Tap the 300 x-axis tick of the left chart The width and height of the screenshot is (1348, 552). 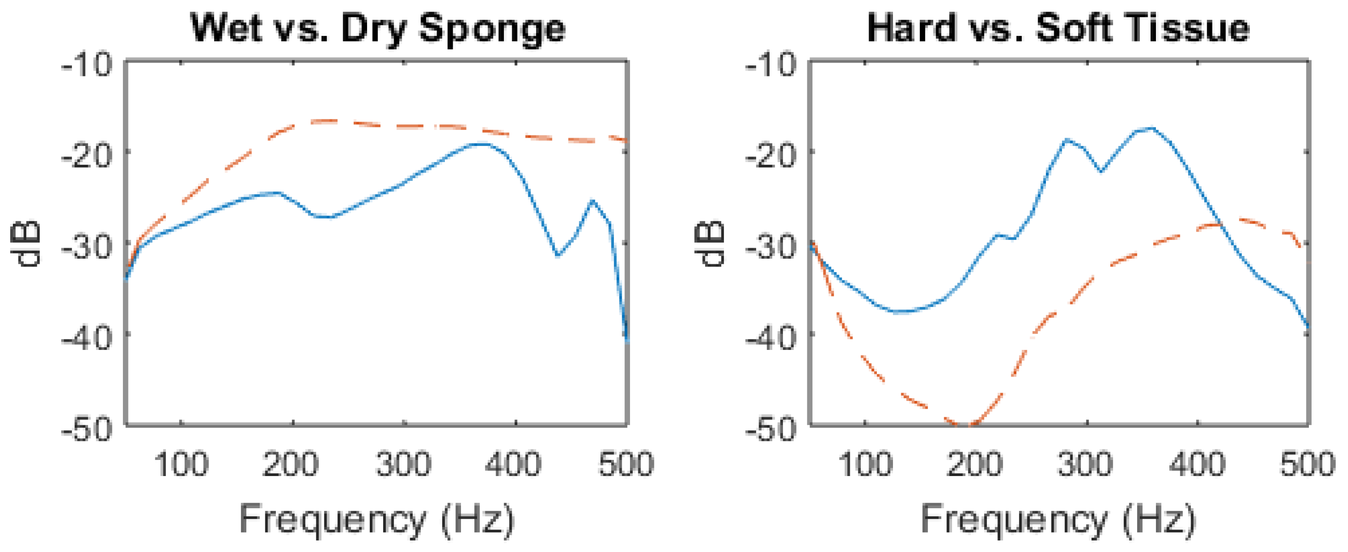pos(403,464)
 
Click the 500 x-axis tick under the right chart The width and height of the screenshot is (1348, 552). pos(1307,464)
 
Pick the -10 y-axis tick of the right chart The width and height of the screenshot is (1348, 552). pos(771,65)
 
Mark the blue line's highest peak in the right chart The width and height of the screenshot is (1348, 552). pos(1150,128)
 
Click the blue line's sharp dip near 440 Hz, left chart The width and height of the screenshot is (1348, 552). pos(558,256)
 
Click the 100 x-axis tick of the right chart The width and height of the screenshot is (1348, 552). pos(865,464)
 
